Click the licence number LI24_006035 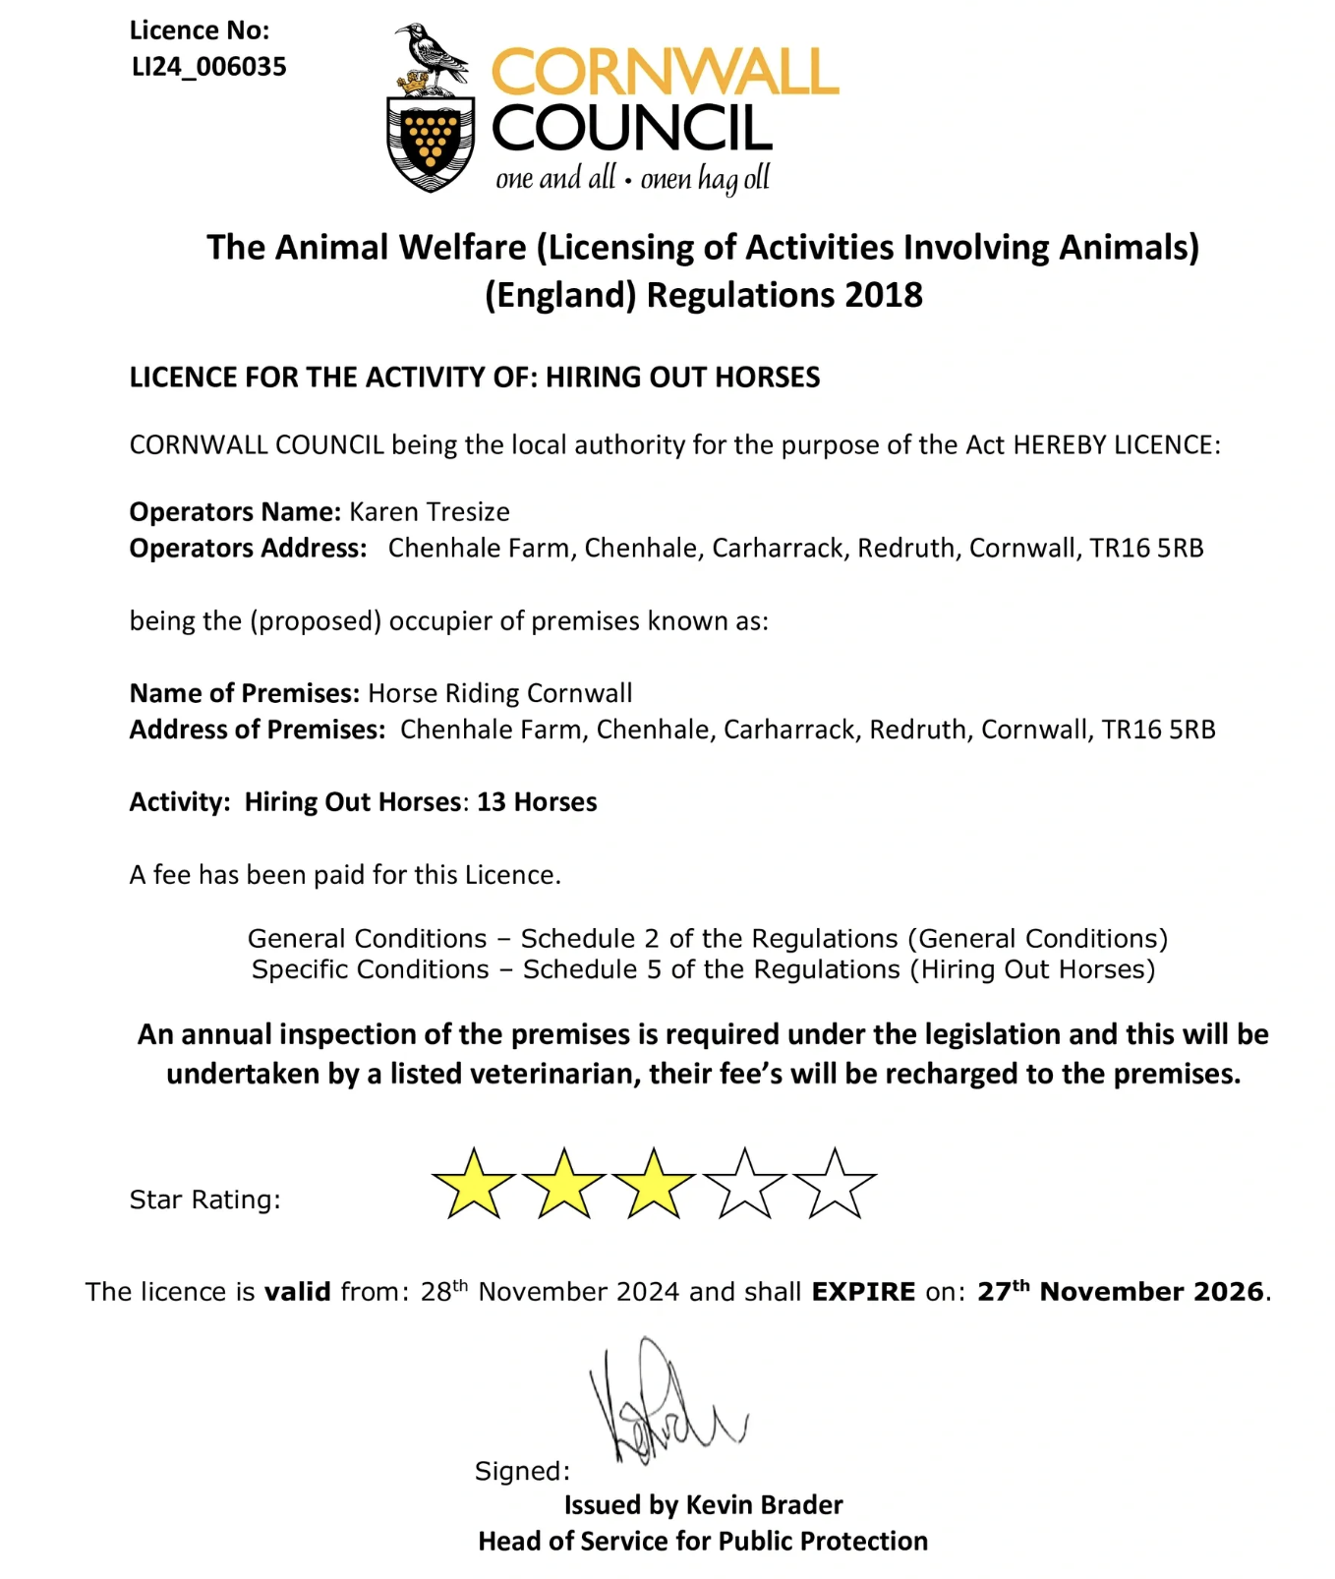pos(208,67)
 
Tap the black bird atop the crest pos(433,54)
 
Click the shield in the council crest pos(431,142)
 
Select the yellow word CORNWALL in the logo pos(665,73)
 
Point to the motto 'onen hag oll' pos(705,179)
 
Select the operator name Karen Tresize pos(430,512)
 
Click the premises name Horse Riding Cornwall pos(500,693)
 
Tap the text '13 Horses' pos(537,802)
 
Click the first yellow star pos(473,1184)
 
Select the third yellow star pos(653,1184)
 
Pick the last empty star pos(834,1184)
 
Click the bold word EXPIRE pos(863,1292)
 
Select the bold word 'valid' pos(297,1292)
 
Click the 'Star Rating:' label pos(204,1199)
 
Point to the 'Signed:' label pos(522,1471)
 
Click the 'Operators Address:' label pos(248,549)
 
